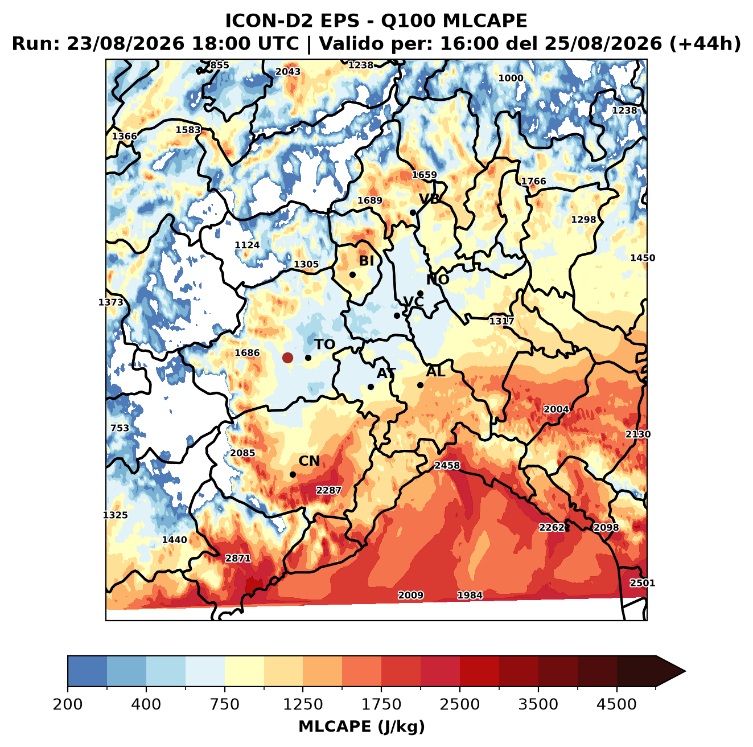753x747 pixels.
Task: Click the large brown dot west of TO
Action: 287,358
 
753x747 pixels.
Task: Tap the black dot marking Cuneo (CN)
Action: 293,474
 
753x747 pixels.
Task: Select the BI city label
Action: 366,261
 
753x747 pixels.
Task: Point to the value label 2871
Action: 237,558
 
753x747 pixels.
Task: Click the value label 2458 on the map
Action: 447,465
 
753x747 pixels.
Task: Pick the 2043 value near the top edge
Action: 288,72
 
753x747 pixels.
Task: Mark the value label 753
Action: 120,428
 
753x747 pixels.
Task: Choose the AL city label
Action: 435,371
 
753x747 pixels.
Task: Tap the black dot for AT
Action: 371,387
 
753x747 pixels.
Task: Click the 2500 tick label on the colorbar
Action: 459,704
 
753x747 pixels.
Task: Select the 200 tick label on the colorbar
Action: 68,704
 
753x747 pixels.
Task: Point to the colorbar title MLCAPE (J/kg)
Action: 361,727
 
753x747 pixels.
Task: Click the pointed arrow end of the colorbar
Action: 685,672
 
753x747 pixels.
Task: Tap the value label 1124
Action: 247,245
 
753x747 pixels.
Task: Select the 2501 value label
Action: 642,583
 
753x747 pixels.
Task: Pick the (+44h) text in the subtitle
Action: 705,44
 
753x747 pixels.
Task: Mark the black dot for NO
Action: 420,293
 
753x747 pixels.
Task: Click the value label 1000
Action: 511,78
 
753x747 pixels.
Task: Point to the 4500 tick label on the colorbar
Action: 616,704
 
